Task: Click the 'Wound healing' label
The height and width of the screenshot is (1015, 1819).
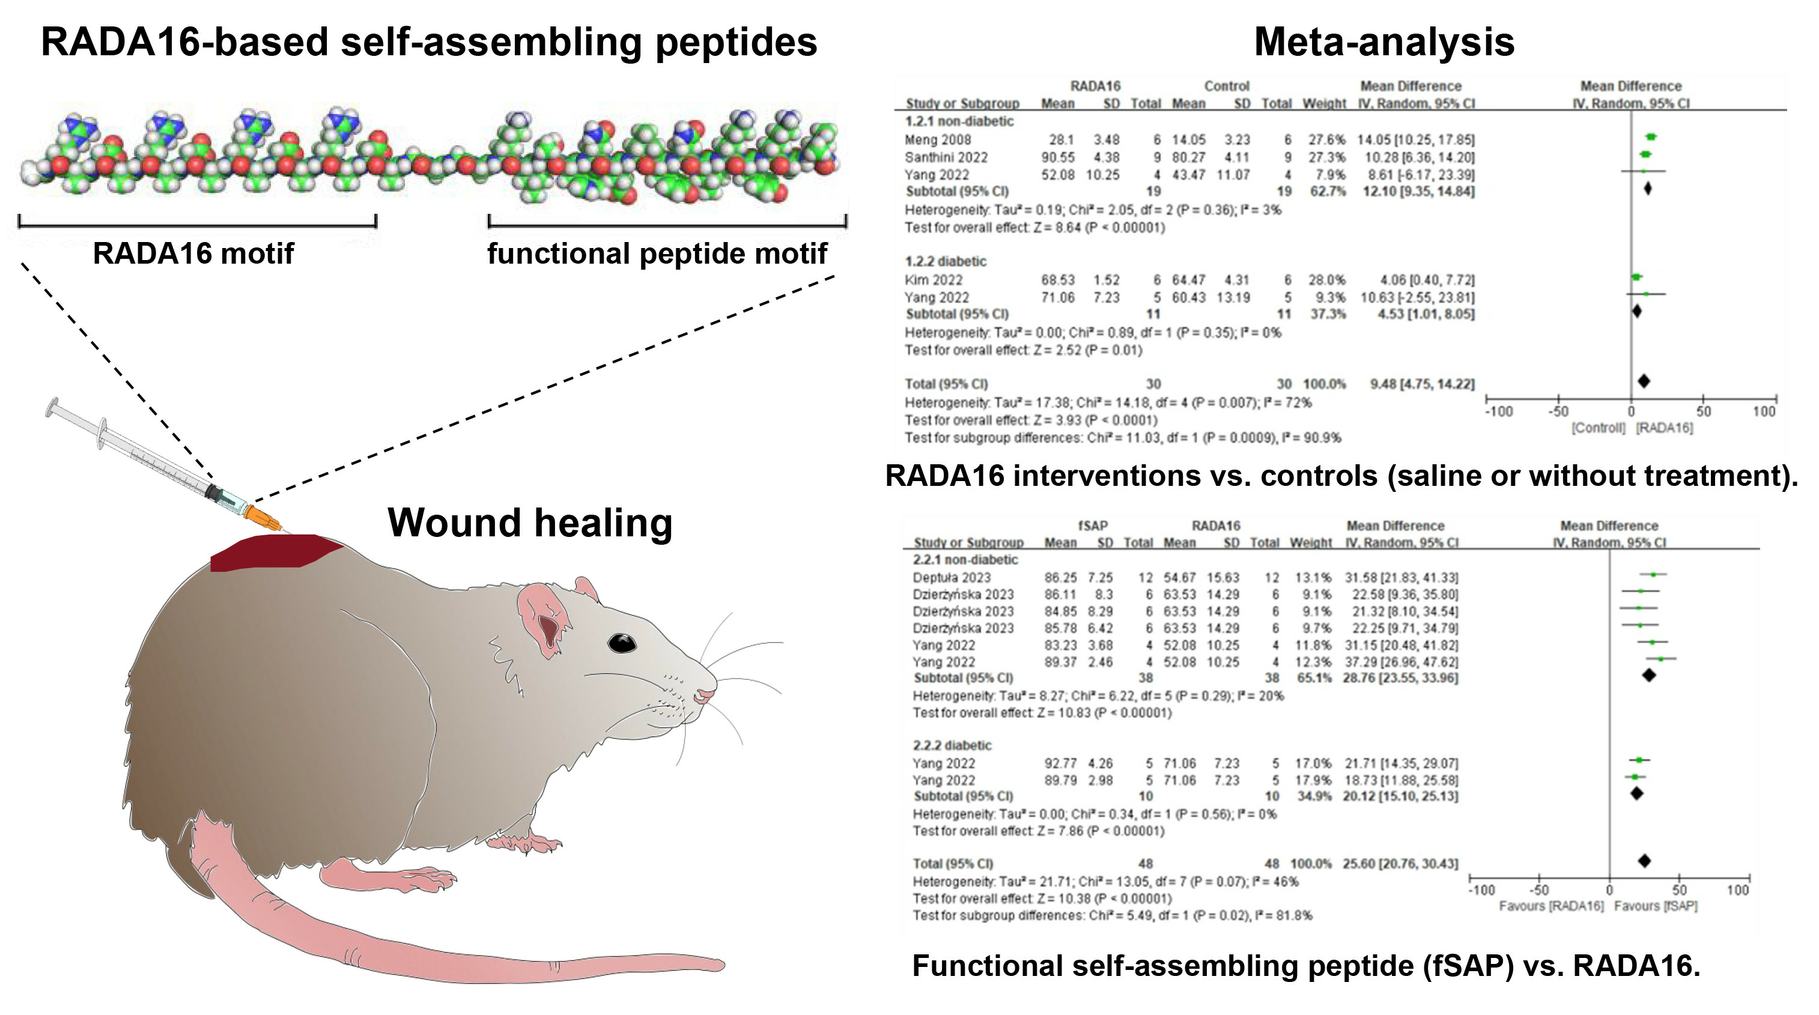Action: (x=530, y=523)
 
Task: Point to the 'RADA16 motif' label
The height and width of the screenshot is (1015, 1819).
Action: (x=193, y=253)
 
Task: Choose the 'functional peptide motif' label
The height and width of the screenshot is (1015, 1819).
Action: (x=657, y=253)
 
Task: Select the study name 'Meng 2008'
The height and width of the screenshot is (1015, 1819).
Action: (x=938, y=140)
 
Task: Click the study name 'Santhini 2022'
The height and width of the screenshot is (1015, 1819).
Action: (x=946, y=157)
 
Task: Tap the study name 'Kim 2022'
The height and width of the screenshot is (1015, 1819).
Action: (x=933, y=280)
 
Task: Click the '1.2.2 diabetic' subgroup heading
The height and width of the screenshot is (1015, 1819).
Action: (x=946, y=261)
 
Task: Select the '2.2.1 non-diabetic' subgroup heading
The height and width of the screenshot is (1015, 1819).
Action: (x=965, y=560)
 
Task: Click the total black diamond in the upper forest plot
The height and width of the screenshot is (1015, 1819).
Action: (x=1644, y=381)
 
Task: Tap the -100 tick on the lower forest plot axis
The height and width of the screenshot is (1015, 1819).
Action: (x=1481, y=890)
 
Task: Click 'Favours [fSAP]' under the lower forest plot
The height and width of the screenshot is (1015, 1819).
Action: (x=1655, y=906)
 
